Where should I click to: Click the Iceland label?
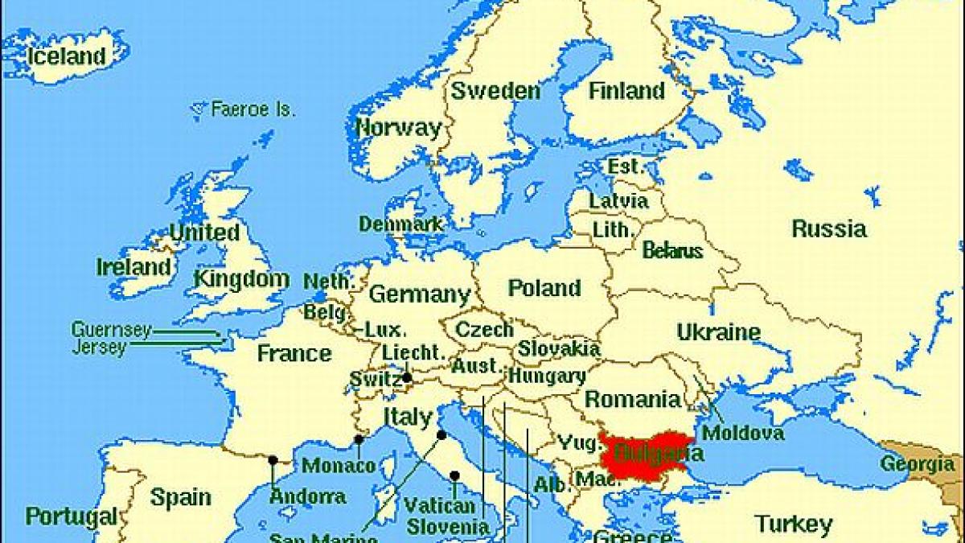pos(66,56)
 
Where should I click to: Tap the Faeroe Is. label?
pos(253,109)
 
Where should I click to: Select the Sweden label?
pos(495,91)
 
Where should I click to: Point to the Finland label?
pos(626,91)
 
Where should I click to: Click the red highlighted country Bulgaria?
pos(647,457)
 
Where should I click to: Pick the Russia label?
pos(829,229)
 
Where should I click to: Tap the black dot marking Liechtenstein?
pos(407,377)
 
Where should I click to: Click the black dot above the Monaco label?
pos(359,439)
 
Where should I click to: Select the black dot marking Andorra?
pos(273,460)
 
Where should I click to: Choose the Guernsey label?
pos(111,330)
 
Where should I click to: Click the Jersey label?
pos(99,348)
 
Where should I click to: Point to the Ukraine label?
pos(718,332)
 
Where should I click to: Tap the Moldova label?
pos(743,434)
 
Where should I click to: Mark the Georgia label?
pos(917,464)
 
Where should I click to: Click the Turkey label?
pos(793,525)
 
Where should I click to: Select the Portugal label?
pos(71,516)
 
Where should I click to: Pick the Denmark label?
pos(400,224)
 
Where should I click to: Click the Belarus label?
pos(672,251)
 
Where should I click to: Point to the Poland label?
pos(544,288)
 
